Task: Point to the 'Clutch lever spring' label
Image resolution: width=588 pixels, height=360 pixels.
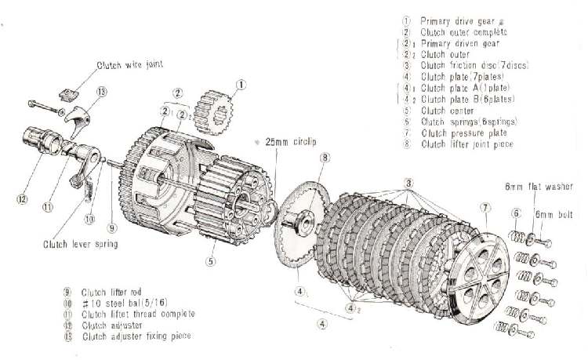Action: tap(80, 244)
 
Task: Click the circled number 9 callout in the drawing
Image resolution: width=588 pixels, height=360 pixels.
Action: tap(112, 229)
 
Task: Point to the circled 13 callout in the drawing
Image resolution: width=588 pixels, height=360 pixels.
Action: tap(102, 92)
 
